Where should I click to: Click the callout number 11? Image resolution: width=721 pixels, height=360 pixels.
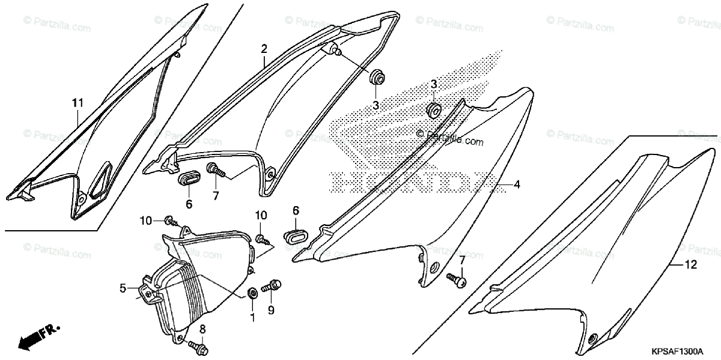tap(77, 104)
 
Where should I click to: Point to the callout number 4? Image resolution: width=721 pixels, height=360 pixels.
tap(516, 186)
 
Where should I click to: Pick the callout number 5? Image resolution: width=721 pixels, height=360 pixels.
tap(123, 288)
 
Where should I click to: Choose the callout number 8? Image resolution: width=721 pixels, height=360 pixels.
tap(202, 329)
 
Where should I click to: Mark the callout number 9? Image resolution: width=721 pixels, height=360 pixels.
tap(270, 311)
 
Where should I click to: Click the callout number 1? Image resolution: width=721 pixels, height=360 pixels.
tap(252, 316)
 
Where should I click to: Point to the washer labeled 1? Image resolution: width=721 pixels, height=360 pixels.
tap(252, 293)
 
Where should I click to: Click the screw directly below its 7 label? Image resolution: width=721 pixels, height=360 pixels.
tap(457, 279)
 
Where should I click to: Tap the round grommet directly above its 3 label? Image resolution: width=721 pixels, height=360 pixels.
tap(377, 78)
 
